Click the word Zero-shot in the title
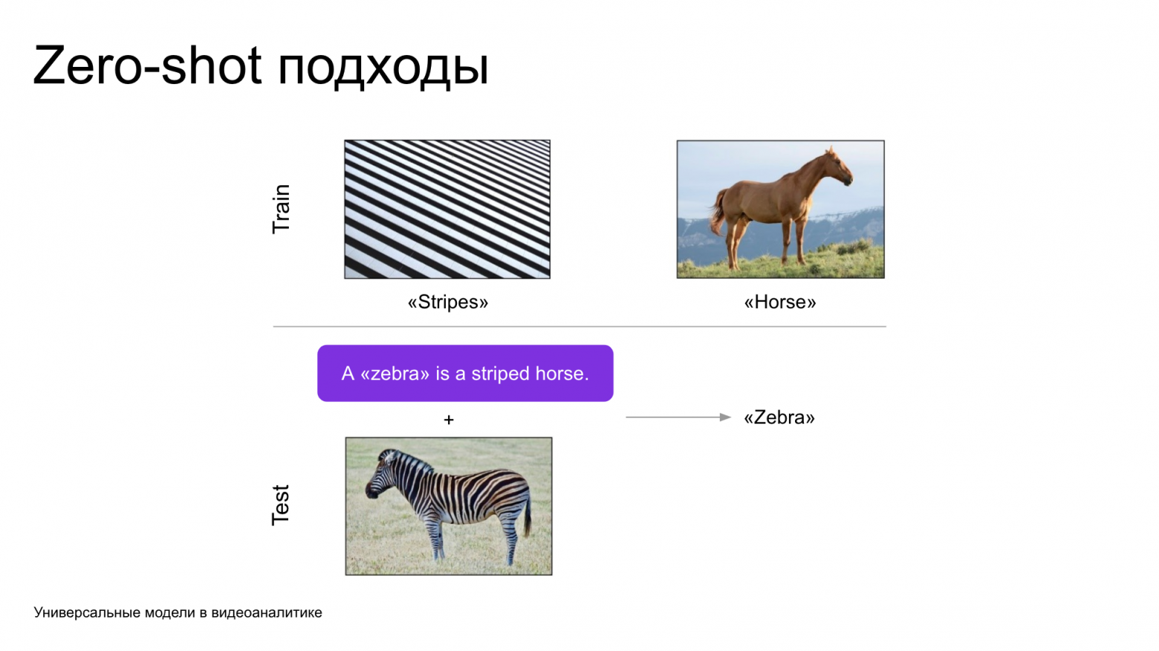coord(147,65)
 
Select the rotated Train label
coord(281,209)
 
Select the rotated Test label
coord(281,505)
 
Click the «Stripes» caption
coord(447,302)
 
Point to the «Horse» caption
coord(779,302)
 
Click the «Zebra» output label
coord(779,418)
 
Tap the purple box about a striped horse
coord(465,373)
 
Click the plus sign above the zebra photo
coord(449,420)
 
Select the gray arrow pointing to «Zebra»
coord(678,418)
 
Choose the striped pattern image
coord(447,209)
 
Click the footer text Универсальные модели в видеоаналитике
coord(178,612)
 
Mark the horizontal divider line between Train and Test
coord(579,326)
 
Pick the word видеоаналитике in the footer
coord(267,612)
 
